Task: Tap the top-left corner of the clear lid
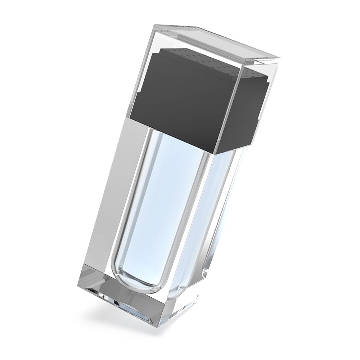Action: [154, 25]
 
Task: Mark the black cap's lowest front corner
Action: [216, 153]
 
